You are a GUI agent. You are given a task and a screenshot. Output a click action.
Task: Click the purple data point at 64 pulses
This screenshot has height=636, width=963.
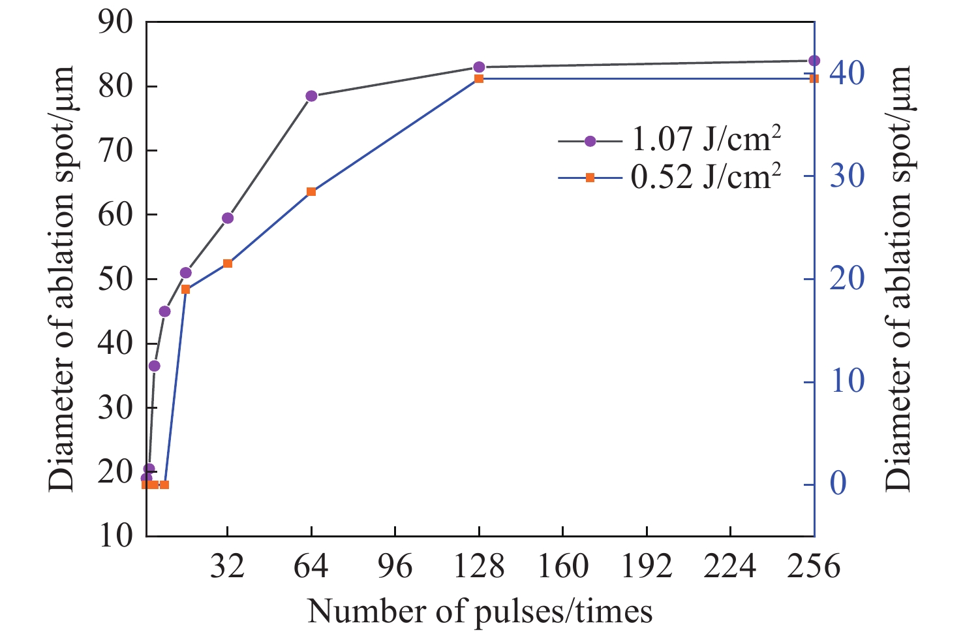(311, 96)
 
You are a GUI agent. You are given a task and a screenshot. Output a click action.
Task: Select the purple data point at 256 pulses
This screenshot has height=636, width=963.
(814, 61)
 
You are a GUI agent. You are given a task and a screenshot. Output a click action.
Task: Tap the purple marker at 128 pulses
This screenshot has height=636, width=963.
(479, 67)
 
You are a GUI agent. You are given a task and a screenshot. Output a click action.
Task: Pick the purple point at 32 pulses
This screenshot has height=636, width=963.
(228, 218)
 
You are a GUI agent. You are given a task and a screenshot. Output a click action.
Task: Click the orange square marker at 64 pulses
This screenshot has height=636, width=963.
(311, 192)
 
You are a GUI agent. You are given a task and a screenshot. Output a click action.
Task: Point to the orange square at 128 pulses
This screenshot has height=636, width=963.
(479, 78)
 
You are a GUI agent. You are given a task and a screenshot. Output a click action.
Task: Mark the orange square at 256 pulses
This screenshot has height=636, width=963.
(814, 78)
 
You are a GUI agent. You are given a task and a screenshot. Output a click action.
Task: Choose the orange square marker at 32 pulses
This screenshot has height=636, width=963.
(228, 264)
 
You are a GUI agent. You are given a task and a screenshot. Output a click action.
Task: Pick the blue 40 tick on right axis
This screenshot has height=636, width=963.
(847, 73)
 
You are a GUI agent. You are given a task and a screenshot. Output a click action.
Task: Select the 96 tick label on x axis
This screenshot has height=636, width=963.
(395, 567)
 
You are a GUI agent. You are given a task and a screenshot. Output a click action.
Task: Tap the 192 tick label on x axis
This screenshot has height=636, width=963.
(647, 567)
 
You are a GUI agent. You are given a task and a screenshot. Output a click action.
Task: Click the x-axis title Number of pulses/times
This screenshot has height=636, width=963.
(480, 612)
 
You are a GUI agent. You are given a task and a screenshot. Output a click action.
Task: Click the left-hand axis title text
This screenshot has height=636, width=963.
(61, 278)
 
